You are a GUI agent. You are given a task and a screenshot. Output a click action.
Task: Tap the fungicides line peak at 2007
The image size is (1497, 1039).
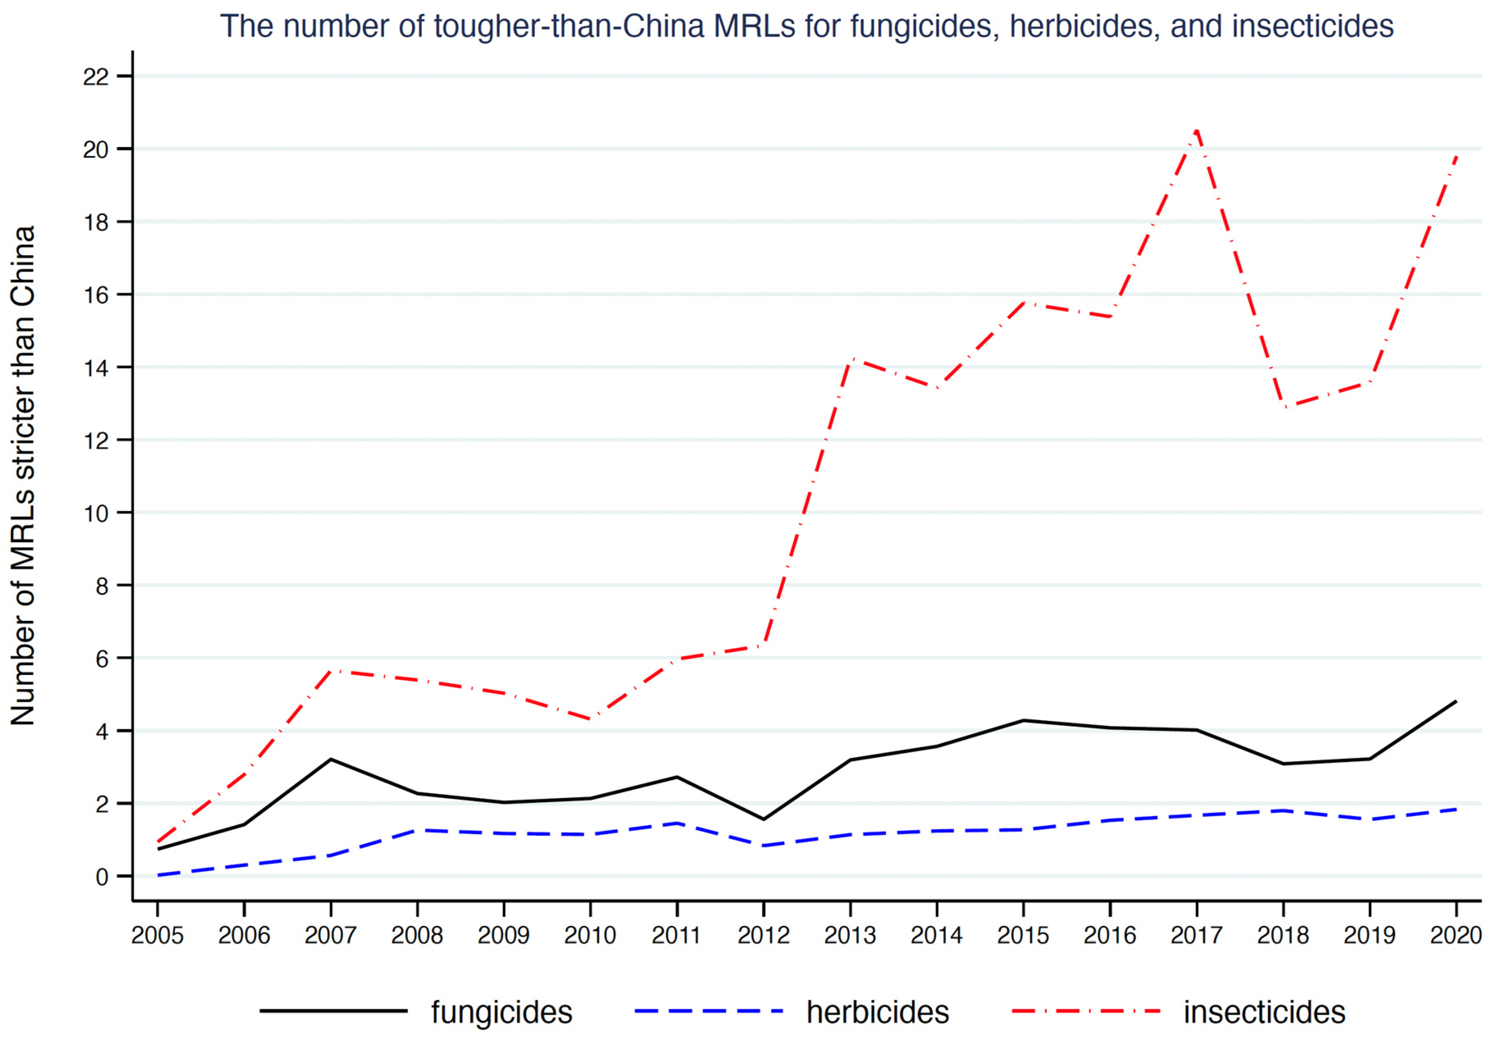coord(331,759)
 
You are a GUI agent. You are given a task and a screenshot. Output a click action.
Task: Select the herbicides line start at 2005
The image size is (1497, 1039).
coord(158,875)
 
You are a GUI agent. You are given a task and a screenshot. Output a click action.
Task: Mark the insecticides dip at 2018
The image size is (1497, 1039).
coord(1283,407)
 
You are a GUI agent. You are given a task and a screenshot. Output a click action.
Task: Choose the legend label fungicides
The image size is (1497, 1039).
coord(501,1012)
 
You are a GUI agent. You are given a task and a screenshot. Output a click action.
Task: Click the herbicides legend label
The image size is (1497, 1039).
coord(877,1012)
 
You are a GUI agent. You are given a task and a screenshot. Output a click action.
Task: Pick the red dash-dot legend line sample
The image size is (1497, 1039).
coord(1086,1011)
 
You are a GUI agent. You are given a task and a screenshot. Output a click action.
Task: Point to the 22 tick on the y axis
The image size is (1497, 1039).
coord(95,77)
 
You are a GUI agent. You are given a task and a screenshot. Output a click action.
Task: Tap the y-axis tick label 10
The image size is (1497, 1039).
coord(95,514)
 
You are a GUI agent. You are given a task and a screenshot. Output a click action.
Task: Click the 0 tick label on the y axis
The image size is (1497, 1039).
coord(102,877)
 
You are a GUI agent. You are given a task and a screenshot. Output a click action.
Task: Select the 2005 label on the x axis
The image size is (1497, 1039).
coord(157,935)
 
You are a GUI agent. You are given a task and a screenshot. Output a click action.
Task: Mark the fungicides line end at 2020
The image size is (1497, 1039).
coord(1456,701)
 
